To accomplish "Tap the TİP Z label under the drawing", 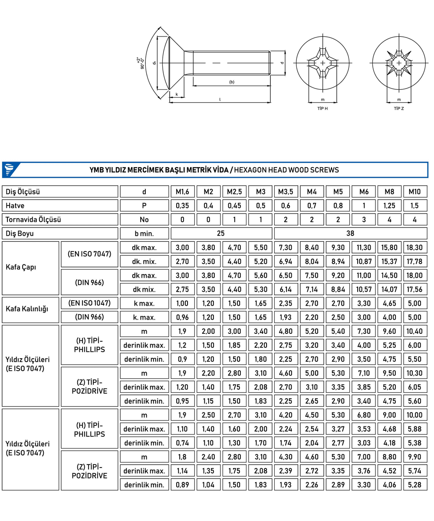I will pos(398,109).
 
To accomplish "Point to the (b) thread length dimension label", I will pos(231,82).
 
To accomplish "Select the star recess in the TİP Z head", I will pos(398,64).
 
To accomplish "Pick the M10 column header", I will pos(415,191).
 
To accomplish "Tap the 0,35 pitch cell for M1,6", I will pos(182,205).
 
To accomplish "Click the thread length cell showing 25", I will pos(221,234).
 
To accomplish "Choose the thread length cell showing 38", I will pos(351,234).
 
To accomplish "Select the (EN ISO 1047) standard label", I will pos(89,303).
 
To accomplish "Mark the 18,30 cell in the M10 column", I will pos(415,247).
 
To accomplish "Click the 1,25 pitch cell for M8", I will pos(389,205).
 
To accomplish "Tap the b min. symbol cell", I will pos(144,234).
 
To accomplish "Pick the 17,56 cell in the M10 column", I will pos(415,289).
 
